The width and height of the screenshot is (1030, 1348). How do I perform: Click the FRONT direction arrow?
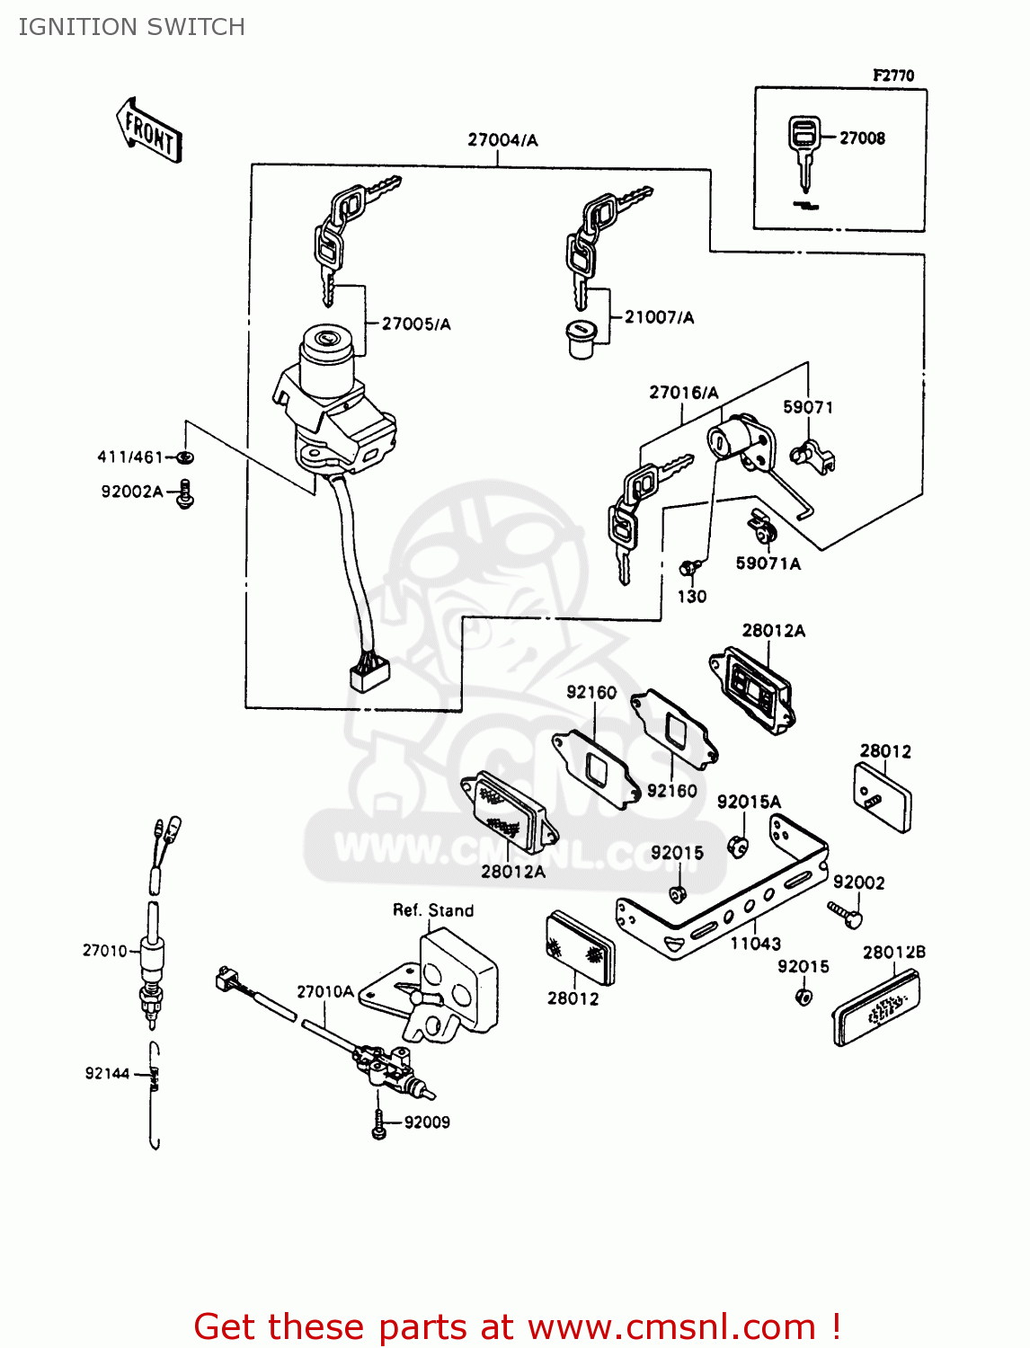(x=149, y=131)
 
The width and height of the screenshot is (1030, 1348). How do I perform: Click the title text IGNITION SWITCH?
(x=131, y=27)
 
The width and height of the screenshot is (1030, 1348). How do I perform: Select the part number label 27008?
(x=862, y=138)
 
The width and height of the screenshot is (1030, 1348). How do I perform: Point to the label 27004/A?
(x=502, y=140)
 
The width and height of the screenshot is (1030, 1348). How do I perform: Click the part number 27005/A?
(x=416, y=324)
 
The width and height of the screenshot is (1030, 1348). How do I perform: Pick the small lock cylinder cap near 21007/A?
(x=582, y=340)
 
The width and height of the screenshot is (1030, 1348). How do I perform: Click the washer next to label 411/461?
(x=186, y=457)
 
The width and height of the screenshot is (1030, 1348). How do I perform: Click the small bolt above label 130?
(x=689, y=568)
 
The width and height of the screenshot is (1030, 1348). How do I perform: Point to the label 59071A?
(x=768, y=563)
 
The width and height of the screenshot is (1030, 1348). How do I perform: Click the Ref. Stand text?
(x=433, y=910)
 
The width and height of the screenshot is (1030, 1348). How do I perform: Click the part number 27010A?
(x=324, y=992)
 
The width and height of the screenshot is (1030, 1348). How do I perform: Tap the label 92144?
(x=107, y=1074)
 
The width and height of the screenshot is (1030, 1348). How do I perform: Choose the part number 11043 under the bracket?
(x=755, y=944)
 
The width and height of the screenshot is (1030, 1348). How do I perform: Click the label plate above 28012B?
(x=876, y=1011)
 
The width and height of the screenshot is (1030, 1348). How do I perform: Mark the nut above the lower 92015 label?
(x=804, y=997)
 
